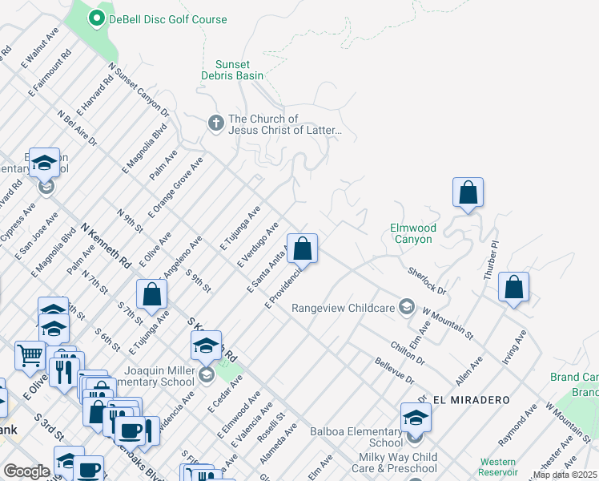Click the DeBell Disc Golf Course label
point(168,19)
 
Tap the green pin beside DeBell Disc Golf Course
point(97,18)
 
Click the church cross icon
point(215,123)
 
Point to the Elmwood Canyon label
point(411,233)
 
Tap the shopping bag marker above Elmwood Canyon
point(468,193)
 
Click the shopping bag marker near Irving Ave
point(513,287)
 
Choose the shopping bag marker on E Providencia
point(302,249)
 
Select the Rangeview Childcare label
point(344,308)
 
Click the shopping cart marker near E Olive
point(30,354)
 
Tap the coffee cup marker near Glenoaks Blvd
point(130,430)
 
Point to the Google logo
point(26,471)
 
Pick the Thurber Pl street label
point(490,260)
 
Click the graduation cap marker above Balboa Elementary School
point(416,417)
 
